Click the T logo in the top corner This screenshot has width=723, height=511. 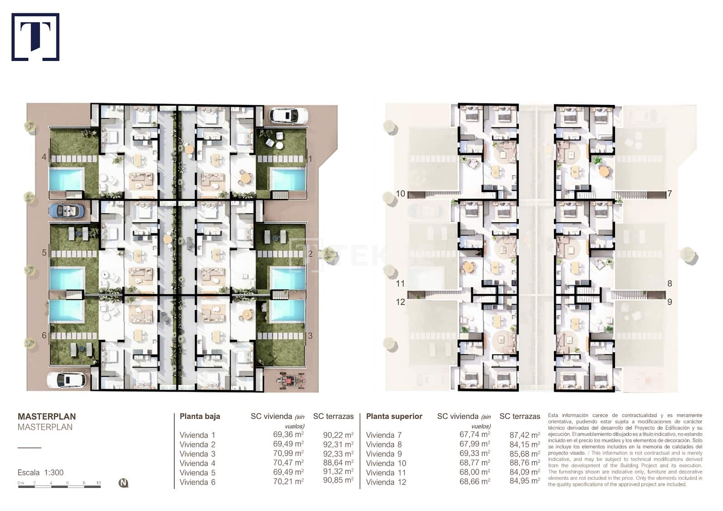point(35,37)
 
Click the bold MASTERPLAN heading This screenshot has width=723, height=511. point(47,417)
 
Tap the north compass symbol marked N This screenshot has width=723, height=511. point(123,483)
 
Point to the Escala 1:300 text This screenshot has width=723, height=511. point(41,473)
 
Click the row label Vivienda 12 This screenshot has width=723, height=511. point(386,482)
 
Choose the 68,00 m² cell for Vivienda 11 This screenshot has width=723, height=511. point(474,472)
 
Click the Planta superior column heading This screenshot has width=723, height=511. point(394,417)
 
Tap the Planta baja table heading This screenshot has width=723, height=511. point(200,417)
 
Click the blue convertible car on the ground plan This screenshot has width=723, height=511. point(66,211)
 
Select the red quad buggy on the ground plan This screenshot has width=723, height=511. point(290,380)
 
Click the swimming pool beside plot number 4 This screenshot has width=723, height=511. point(66,179)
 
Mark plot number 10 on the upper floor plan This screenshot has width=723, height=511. point(400,194)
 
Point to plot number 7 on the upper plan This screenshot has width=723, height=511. point(670,194)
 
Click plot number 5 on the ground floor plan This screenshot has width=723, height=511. point(44,253)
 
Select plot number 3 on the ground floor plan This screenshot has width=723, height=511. point(310,336)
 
